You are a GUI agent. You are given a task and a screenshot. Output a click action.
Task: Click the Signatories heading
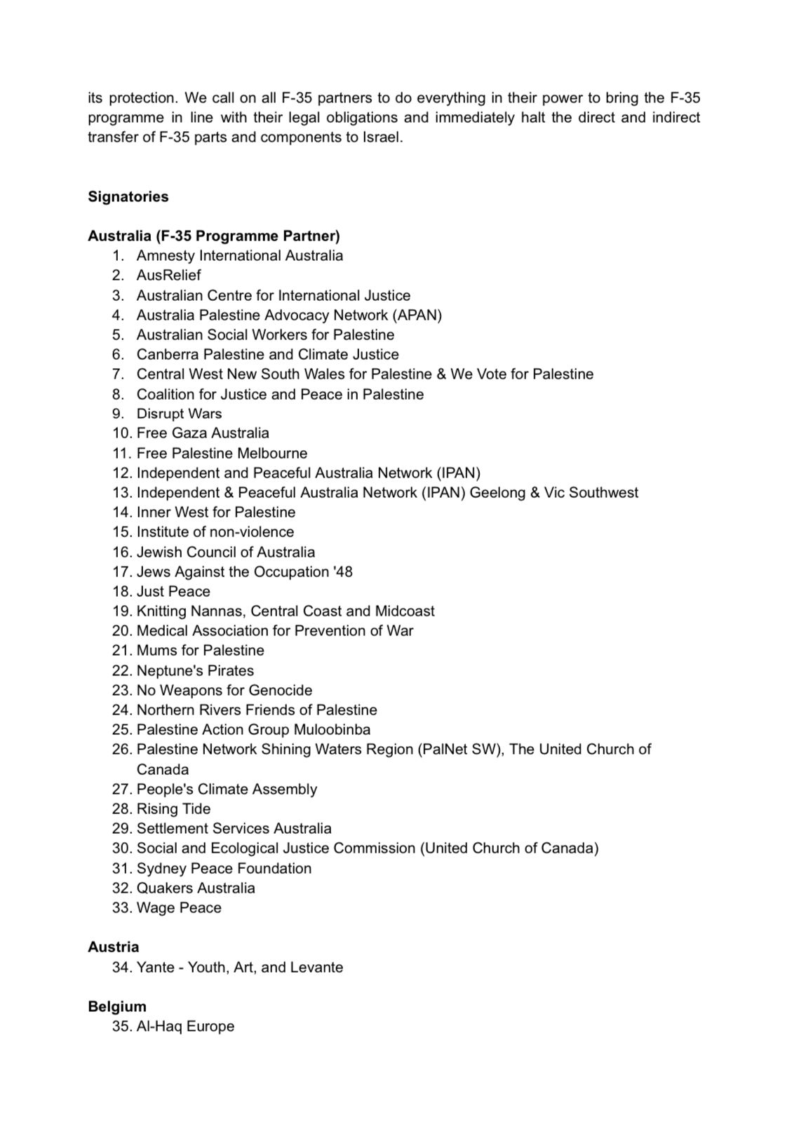click(x=128, y=197)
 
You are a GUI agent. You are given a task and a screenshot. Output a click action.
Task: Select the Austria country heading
click(x=113, y=947)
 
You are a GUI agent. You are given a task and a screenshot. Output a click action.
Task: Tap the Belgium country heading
click(x=117, y=1006)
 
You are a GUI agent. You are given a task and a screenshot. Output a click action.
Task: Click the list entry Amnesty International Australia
click(x=239, y=256)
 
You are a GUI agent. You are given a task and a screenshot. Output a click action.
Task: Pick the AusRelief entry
click(x=168, y=276)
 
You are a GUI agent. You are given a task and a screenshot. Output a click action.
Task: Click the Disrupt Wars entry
click(x=179, y=414)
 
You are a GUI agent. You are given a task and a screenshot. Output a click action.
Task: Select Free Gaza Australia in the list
click(x=203, y=433)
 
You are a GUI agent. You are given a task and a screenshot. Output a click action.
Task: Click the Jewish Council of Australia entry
click(x=225, y=552)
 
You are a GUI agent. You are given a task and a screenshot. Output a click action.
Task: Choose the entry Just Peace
click(x=173, y=591)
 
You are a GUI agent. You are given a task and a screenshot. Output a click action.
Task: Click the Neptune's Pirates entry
click(x=195, y=670)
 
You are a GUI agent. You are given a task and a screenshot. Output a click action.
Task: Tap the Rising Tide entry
click(x=173, y=809)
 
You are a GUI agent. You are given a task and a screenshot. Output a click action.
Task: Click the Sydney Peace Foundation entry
click(x=224, y=868)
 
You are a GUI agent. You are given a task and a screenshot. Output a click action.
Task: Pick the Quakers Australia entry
click(x=196, y=888)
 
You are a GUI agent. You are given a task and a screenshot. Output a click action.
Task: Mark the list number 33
click(x=121, y=907)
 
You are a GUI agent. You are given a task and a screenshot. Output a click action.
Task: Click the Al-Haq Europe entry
click(x=185, y=1026)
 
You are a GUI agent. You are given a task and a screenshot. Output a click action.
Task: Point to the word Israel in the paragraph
click(x=382, y=137)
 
